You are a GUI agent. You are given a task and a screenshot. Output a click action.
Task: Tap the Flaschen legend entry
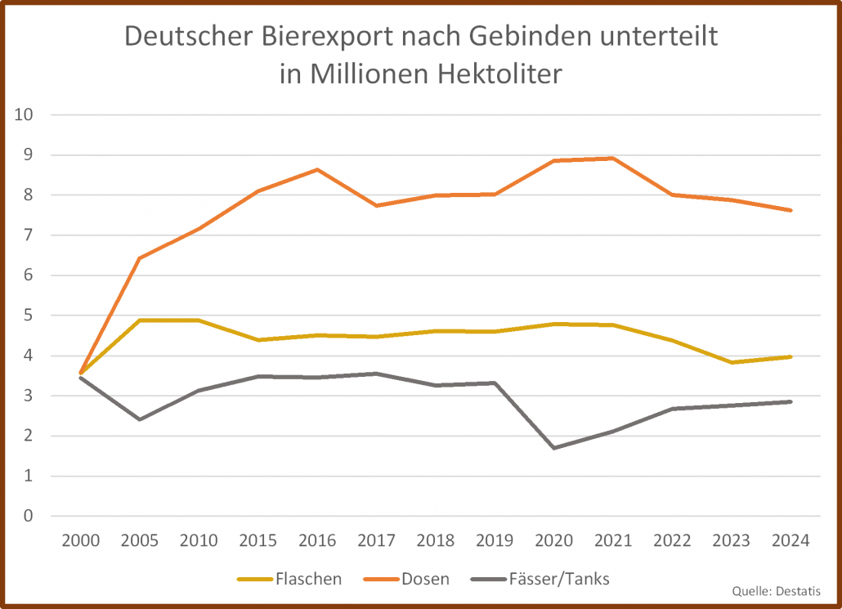289,580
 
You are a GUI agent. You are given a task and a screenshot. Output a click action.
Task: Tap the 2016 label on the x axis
316,541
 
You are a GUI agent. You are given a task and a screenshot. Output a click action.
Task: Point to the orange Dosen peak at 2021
612,159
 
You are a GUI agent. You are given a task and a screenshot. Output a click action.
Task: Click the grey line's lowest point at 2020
553,448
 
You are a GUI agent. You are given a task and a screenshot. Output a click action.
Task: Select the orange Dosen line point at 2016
316,170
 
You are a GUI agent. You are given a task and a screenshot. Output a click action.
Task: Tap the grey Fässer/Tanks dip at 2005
139,419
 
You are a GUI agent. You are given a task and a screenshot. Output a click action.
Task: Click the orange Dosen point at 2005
139,258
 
